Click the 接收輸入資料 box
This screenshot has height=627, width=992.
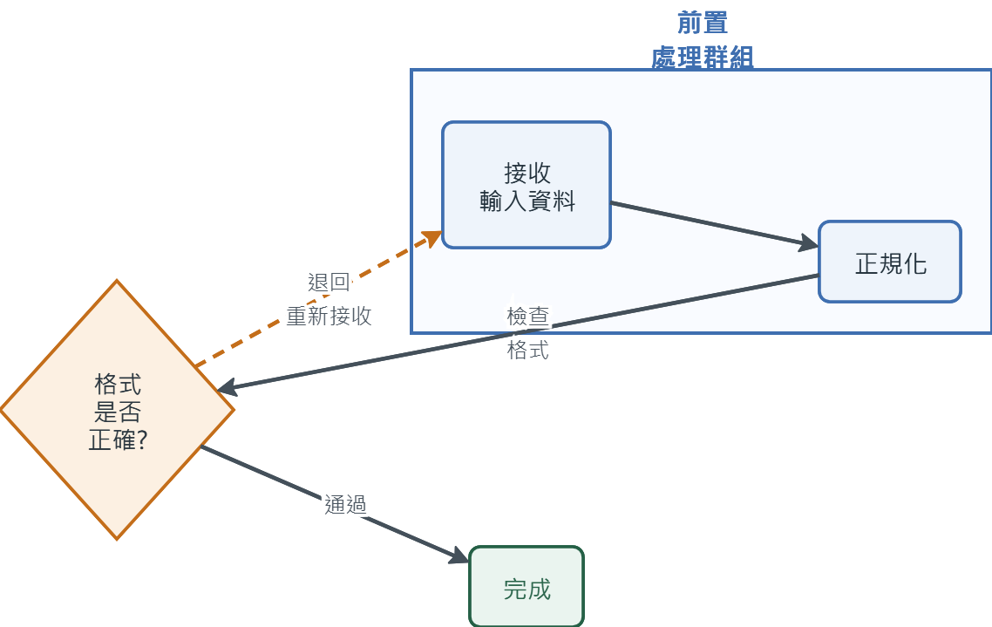tap(527, 185)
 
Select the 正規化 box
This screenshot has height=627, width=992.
tap(890, 262)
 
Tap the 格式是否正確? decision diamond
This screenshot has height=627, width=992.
tap(117, 410)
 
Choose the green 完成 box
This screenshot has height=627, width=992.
tap(527, 587)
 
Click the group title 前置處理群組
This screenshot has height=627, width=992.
tap(703, 39)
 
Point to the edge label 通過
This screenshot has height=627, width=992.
tap(345, 504)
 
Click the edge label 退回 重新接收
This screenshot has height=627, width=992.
tap(329, 298)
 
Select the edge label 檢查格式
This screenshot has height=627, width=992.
tap(527, 333)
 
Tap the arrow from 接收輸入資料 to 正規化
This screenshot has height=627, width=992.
tap(714, 224)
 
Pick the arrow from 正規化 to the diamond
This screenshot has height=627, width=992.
tap(518, 333)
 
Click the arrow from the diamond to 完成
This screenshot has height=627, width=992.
tap(335, 504)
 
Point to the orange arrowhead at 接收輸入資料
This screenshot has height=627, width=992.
tap(432, 239)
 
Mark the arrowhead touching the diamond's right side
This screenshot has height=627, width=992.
tap(227, 387)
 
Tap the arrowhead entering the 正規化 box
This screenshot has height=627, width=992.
tap(809, 242)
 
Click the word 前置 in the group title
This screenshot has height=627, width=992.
tap(703, 23)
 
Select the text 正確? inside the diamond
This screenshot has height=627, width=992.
tap(118, 440)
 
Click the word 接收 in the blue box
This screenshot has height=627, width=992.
tap(527, 173)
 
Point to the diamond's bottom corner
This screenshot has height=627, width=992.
tap(117, 540)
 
